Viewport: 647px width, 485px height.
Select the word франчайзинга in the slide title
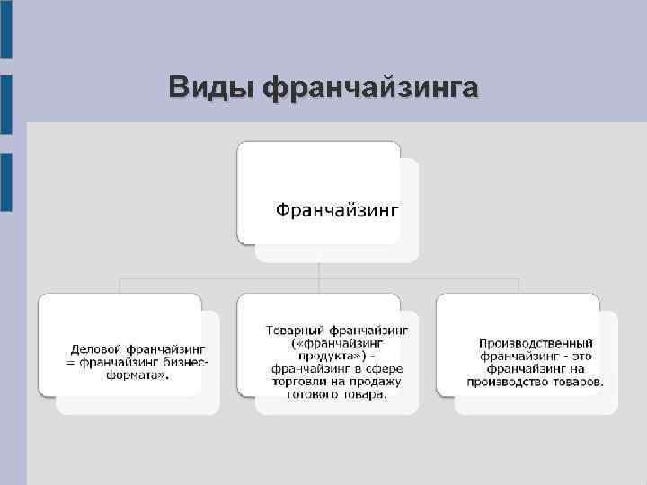coord(370,88)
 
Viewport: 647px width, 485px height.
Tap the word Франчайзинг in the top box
coord(336,210)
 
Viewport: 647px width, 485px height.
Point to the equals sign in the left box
coord(71,363)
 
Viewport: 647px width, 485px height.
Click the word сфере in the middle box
coord(386,369)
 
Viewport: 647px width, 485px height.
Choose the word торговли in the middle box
coord(292,382)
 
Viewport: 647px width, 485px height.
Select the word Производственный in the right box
coord(536,344)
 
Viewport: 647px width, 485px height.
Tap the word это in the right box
coord(577,357)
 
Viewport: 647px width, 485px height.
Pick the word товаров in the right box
coord(577,382)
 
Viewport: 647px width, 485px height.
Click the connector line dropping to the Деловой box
coord(120,286)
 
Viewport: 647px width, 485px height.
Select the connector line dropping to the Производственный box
coord(518,286)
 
